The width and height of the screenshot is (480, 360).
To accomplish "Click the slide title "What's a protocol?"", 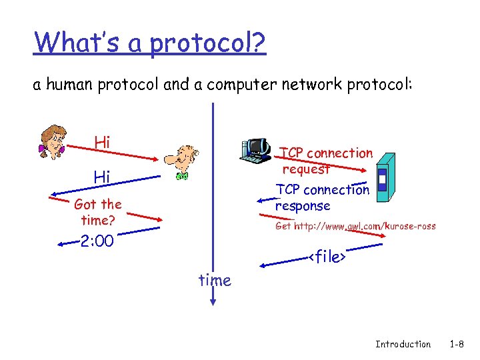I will click(x=150, y=43).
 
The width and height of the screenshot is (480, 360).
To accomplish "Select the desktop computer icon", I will click(x=255, y=151).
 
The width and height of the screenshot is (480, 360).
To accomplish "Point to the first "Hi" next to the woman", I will click(x=102, y=142).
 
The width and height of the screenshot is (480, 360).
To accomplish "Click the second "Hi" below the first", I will click(x=102, y=177).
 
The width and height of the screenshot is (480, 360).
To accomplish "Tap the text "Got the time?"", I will click(x=98, y=212).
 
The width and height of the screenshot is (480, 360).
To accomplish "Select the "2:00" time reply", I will click(x=97, y=241).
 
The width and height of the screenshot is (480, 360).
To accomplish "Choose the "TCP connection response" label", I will click(x=322, y=197).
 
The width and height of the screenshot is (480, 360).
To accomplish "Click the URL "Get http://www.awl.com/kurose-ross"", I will click(x=355, y=226).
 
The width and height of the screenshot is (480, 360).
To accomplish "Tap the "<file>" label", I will click(x=327, y=257).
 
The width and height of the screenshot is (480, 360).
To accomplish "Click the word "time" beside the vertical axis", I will click(x=215, y=281).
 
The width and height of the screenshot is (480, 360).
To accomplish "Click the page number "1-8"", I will click(x=457, y=344).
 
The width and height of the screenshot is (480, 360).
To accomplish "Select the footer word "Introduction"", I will click(x=403, y=344).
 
